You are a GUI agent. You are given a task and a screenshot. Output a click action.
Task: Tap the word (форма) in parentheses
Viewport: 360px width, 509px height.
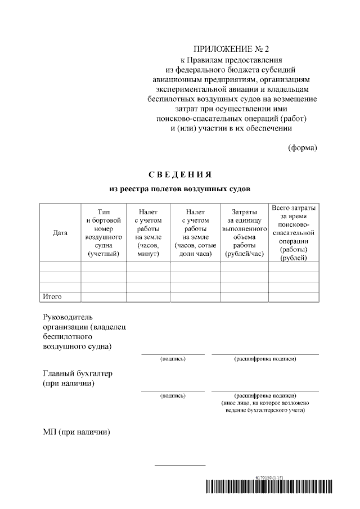pyautogui.click(x=302, y=148)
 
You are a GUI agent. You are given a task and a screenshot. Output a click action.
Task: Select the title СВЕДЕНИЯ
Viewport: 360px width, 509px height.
pyautogui.click(x=179, y=174)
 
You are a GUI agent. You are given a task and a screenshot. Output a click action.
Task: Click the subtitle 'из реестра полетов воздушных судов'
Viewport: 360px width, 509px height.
pyautogui.click(x=179, y=188)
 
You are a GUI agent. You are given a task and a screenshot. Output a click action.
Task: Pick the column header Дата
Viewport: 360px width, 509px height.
pyautogui.click(x=60, y=233)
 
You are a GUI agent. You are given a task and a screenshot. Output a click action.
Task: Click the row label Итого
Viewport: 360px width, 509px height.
pyautogui.click(x=52, y=296)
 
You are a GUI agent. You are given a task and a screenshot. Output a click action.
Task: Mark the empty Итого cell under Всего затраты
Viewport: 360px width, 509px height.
pyautogui.click(x=293, y=296)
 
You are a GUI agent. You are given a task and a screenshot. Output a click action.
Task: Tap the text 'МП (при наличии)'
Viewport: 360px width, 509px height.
pyautogui.click(x=76, y=432)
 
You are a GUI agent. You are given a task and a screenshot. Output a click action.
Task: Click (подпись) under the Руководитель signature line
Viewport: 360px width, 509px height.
pyautogui.click(x=173, y=359)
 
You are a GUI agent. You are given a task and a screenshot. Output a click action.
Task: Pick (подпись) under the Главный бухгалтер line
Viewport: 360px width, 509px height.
pyautogui.click(x=173, y=396)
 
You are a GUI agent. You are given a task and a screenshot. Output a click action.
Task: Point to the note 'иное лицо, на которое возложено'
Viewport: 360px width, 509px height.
pyautogui.click(x=265, y=403)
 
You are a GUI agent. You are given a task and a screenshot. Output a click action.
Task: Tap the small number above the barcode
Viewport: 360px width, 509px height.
pyautogui.click(x=269, y=477)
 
